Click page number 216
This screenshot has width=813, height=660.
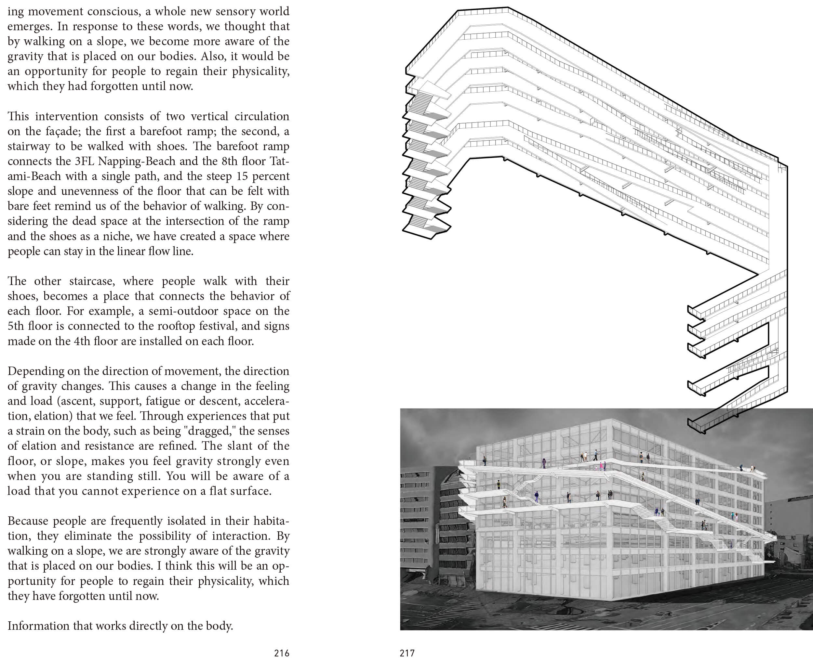[282, 653]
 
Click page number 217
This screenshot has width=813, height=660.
[407, 653]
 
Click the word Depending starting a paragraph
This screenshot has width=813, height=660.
[34, 371]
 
